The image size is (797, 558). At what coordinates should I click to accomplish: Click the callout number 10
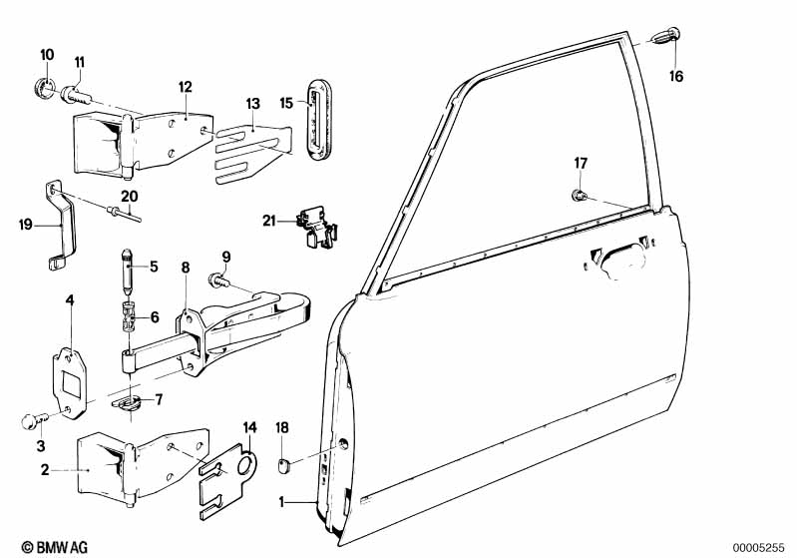point(47,55)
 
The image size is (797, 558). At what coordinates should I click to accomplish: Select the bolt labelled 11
point(76,95)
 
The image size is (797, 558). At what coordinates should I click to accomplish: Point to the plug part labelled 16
point(665,36)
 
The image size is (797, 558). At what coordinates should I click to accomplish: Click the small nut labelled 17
point(579,195)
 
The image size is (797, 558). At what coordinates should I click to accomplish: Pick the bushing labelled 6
point(128,316)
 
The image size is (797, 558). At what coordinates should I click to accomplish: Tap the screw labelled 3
point(35,421)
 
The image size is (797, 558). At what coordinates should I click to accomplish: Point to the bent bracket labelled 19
point(61,226)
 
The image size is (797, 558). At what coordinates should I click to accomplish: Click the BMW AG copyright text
point(55,547)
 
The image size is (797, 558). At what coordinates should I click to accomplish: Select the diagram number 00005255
point(761,547)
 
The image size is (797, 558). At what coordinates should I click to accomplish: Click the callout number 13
point(252,104)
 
